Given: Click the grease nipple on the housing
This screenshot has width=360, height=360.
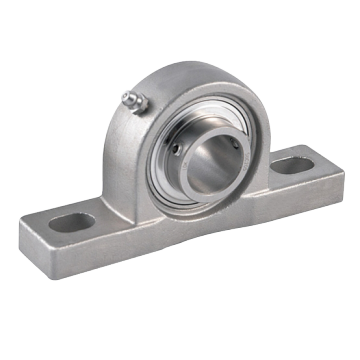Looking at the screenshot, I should [132, 100].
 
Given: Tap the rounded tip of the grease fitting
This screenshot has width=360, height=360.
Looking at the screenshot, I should [125, 96].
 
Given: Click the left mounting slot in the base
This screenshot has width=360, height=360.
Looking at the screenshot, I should [72, 222].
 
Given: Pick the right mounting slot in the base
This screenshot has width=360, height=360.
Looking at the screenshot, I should [290, 164].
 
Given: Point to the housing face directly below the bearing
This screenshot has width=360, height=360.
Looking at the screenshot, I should [200, 225].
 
